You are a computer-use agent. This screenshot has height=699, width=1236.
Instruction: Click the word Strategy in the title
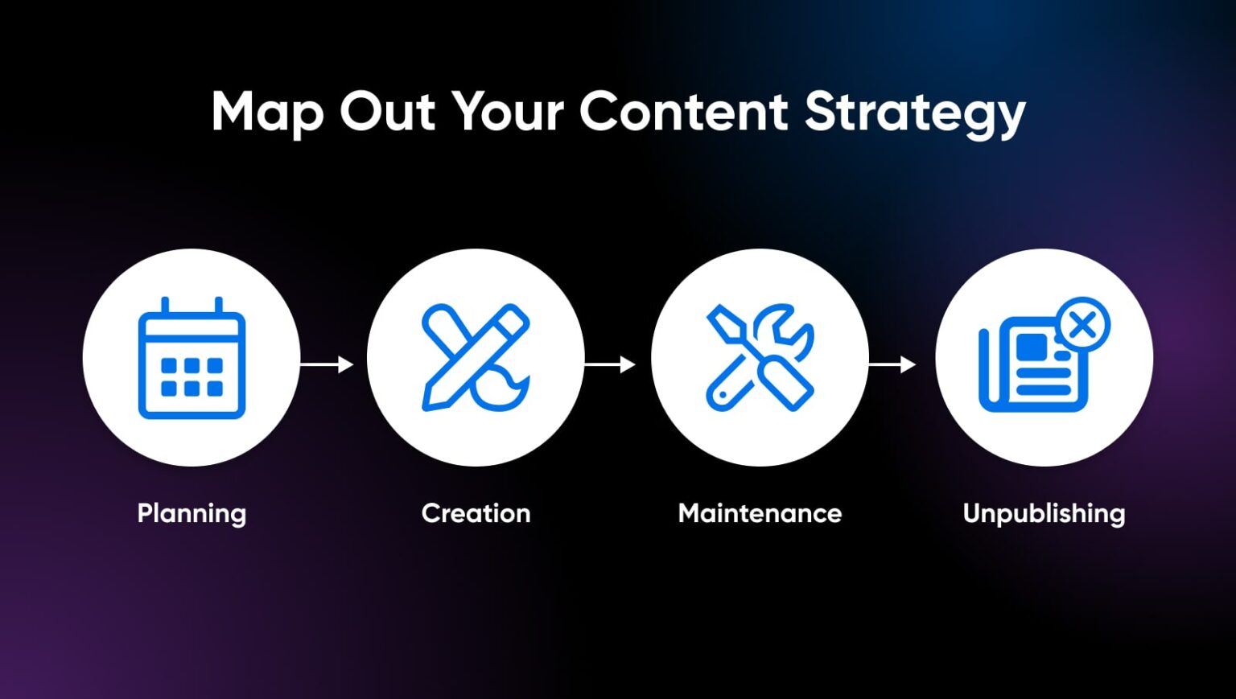tap(915, 113)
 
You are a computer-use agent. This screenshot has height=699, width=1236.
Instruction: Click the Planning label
tap(192, 513)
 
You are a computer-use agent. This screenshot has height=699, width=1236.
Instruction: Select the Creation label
tap(476, 513)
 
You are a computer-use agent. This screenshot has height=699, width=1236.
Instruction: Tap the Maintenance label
tap(760, 513)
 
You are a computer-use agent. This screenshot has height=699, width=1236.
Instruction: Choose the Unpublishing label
tap(1044, 513)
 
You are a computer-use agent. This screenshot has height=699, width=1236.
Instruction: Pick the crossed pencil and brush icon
tap(476, 358)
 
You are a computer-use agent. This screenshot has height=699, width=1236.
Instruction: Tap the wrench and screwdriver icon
tap(760, 358)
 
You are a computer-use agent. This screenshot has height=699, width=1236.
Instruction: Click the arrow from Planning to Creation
tap(327, 364)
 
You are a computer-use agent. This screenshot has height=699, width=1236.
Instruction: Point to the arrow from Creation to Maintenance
tap(610, 364)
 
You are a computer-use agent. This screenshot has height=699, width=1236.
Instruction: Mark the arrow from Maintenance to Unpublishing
tap(892, 364)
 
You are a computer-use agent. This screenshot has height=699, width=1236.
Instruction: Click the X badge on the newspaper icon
tap(1083, 325)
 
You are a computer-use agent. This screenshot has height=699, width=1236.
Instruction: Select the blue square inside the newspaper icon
tap(1031, 347)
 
